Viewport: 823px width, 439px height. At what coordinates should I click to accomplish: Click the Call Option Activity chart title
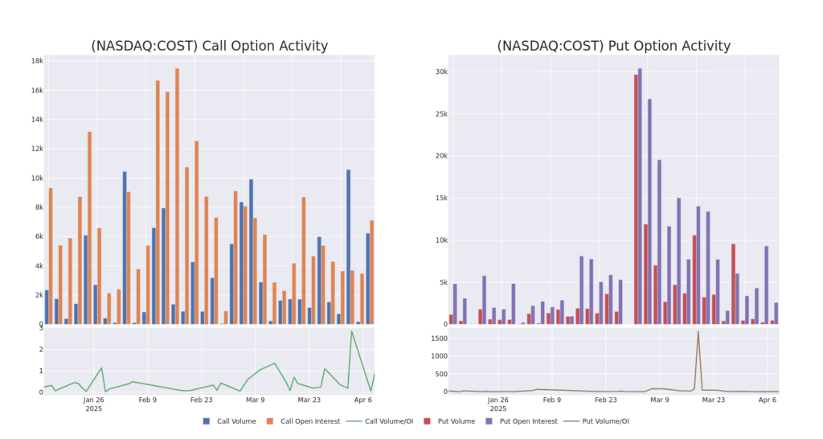[209, 46]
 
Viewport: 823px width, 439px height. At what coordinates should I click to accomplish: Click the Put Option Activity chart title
[613, 46]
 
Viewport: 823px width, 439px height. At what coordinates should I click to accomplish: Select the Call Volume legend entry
[229, 421]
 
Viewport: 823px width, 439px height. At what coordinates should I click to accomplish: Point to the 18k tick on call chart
[37, 61]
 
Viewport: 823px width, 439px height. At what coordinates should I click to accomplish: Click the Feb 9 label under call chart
[147, 399]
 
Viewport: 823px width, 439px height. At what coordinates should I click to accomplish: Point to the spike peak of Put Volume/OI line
[698, 332]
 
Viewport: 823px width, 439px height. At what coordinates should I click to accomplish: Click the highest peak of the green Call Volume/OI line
[351, 331]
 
